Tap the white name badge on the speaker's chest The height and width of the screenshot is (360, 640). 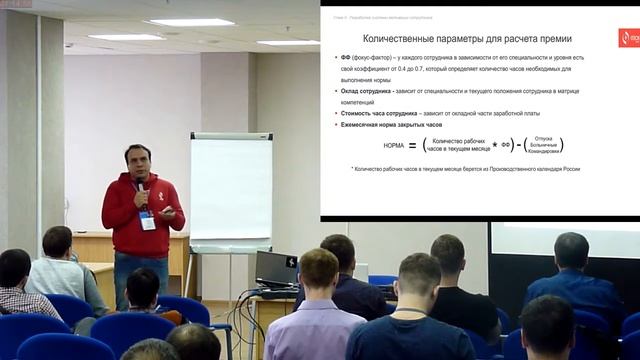[148, 221]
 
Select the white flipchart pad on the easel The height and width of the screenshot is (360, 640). [230, 189]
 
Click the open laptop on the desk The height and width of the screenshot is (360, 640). [276, 269]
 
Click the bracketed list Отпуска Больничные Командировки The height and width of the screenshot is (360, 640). [545, 145]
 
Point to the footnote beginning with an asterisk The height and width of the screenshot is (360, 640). [465, 169]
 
